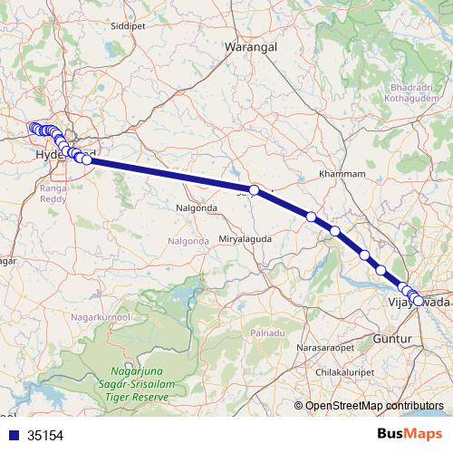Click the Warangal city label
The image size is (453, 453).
(x=249, y=44)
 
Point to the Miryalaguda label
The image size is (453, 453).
(x=245, y=238)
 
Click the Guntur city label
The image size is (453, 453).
(x=392, y=338)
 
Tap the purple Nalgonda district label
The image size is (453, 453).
(x=188, y=240)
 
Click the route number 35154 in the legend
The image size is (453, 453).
(x=45, y=435)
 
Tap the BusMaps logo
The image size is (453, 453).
(x=409, y=435)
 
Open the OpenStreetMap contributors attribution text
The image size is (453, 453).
(x=374, y=406)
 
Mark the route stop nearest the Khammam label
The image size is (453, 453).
(x=311, y=217)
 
